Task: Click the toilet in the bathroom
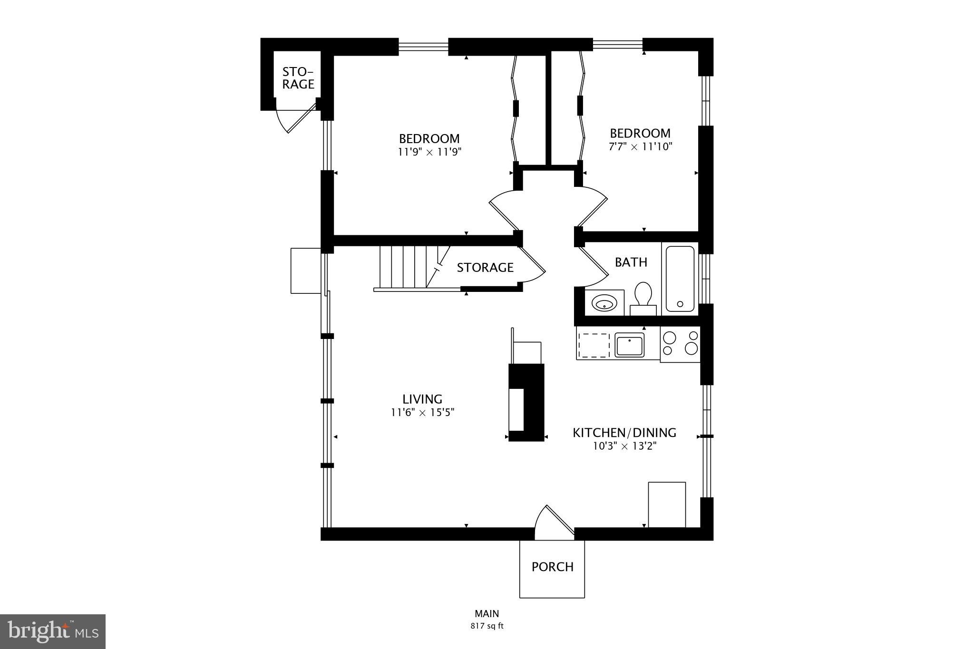click(643, 297)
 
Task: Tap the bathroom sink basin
click(604, 302)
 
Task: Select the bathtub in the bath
click(680, 279)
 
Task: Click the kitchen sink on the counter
click(629, 345)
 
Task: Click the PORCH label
click(552, 567)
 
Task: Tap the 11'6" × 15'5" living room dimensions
click(422, 412)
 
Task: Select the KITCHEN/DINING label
click(624, 433)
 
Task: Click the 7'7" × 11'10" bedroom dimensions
click(640, 146)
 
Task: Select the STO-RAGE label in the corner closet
click(298, 78)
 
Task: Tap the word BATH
click(631, 262)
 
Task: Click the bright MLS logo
click(53, 631)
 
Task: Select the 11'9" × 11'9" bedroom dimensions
click(429, 152)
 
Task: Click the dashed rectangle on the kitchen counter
click(593, 345)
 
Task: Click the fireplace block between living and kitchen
click(526, 402)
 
